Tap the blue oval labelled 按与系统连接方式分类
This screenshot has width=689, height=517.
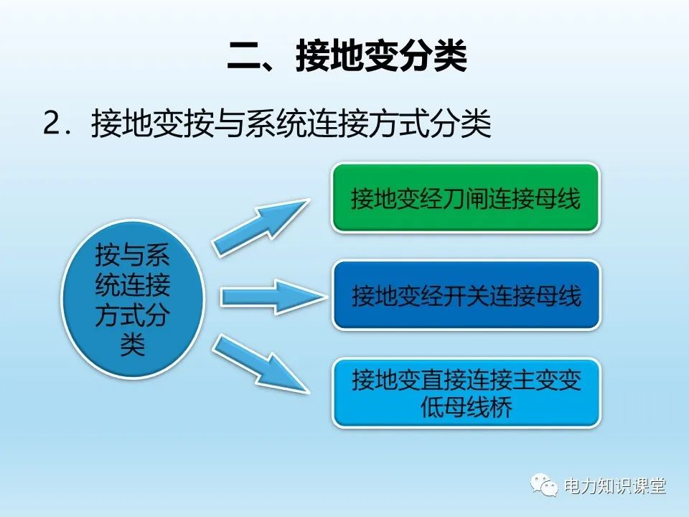(x=133, y=298)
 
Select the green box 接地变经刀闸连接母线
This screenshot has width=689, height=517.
(x=466, y=197)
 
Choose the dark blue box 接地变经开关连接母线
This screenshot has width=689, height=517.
(x=466, y=295)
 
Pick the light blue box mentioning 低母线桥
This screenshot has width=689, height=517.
(x=466, y=393)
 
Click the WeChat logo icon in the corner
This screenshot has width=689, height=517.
(x=545, y=485)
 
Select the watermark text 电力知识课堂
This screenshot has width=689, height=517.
(x=615, y=486)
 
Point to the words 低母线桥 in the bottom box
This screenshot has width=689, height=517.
(x=467, y=408)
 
